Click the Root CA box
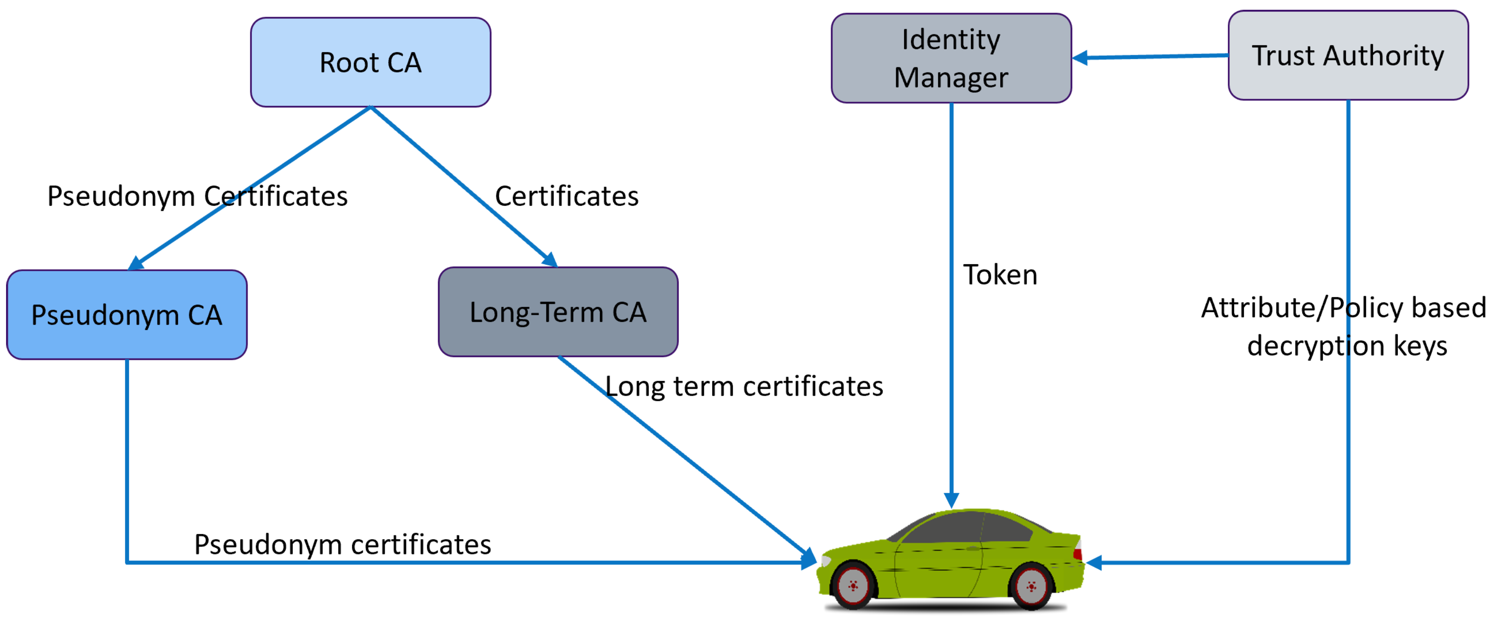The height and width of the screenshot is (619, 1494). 371,62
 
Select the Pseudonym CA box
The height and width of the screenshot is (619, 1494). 126,315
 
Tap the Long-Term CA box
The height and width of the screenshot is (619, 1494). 558,312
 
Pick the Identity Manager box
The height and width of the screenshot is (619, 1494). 951,59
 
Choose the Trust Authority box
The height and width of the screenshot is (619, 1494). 1348,56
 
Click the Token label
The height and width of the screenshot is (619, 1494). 1000,275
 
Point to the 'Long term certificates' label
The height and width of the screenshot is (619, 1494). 744,386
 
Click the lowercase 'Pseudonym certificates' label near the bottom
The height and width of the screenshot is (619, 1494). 342,544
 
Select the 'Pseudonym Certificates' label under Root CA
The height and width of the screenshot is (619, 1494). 197,196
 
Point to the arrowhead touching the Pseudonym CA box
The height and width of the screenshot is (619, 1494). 135,264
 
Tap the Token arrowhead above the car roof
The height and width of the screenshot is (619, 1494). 951,500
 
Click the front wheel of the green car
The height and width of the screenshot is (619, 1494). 853,586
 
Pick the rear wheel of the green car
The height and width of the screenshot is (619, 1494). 1031,586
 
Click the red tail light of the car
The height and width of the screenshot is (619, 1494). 1078,549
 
